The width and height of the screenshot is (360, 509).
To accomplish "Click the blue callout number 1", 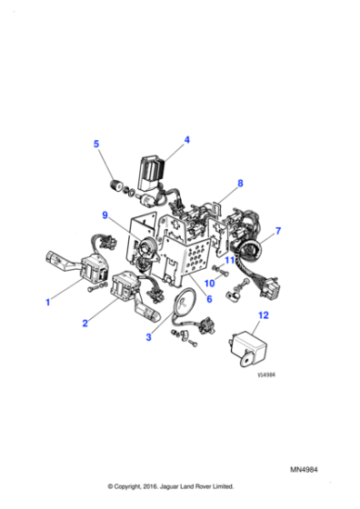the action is click(47, 302).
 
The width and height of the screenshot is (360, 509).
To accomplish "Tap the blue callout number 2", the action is click(85, 323).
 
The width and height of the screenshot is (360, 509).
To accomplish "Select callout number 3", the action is click(148, 337).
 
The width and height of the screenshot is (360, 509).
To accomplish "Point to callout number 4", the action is click(186, 140).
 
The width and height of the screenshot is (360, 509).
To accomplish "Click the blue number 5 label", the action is click(96, 144).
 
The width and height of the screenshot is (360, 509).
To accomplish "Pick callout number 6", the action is click(209, 299).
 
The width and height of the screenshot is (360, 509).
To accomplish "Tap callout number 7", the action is click(278, 231).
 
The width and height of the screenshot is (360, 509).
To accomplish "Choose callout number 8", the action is click(240, 183).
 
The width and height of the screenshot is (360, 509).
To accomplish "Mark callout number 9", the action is click(105, 215).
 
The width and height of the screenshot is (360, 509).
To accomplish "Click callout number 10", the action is click(210, 284).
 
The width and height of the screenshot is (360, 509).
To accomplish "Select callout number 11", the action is click(229, 260).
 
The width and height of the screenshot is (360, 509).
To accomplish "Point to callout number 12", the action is click(264, 315).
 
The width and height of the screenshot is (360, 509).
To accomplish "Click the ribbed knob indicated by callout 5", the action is click(115, 186).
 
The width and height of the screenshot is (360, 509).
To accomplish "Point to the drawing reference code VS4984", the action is click(266, 374).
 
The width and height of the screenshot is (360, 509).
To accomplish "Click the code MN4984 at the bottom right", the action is click(304, 470).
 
